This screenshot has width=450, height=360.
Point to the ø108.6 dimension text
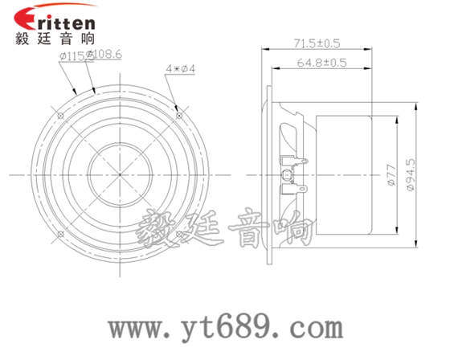click(x=105, y=55)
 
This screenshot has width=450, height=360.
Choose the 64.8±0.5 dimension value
click(x=321, y=62)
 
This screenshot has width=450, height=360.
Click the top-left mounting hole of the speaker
click(x=62, y=115)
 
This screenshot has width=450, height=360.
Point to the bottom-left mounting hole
click(x=62, y=233)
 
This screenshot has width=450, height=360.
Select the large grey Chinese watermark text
click(x=225, y=231)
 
